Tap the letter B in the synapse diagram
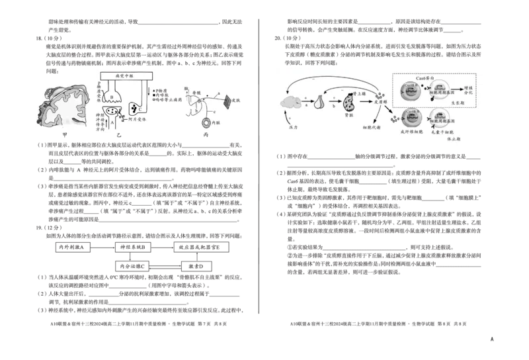tap(112, 98)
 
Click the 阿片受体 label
tap(143, 115)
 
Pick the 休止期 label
tap(456, 140)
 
